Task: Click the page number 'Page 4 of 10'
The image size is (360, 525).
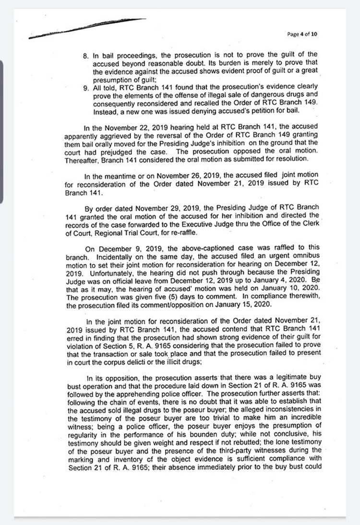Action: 302,34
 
